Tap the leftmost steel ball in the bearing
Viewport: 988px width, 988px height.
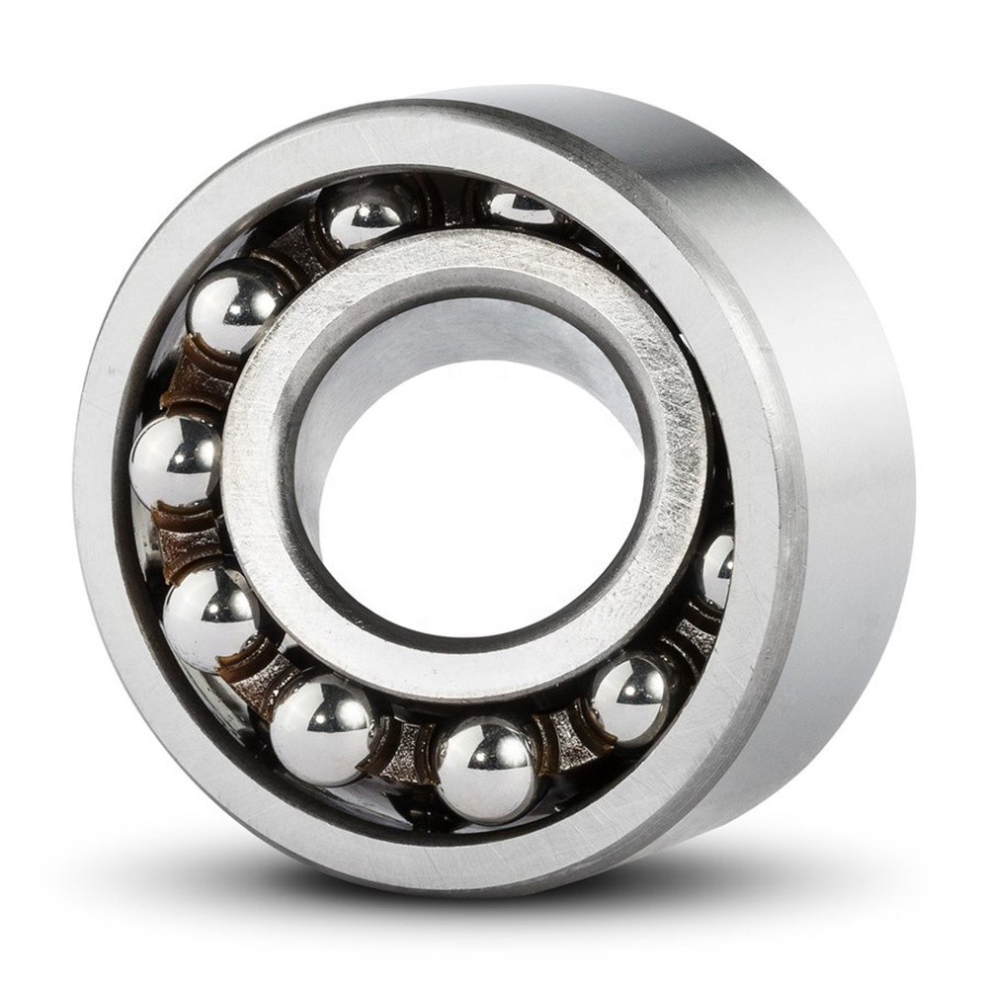point(176,461)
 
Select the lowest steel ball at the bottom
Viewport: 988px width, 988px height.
point(486,770)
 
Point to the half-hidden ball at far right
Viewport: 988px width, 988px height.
point(717,570)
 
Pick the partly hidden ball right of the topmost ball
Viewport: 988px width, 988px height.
point(521,206)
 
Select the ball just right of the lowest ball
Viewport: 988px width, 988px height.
point(630,699)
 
